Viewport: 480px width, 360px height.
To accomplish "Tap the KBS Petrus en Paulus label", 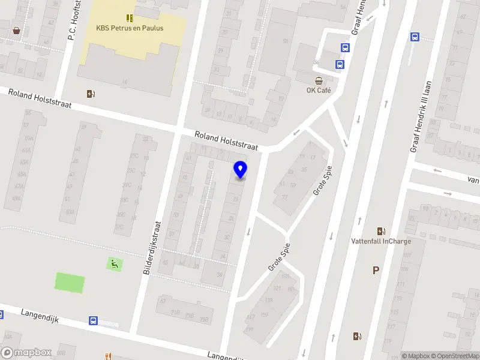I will (130, 28).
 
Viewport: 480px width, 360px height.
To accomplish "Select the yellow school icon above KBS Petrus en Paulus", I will (130, 17).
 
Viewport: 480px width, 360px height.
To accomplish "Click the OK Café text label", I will (319, 91).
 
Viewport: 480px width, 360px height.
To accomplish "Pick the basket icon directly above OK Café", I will (319, 80).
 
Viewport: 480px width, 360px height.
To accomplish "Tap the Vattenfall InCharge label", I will (380, 241).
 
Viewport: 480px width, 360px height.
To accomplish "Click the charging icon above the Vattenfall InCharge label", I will (380, 231).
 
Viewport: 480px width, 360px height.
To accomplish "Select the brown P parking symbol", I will (376, 271).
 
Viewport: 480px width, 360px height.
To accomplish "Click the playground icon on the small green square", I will (114, 263).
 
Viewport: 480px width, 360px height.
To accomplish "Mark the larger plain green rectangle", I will (70, 282).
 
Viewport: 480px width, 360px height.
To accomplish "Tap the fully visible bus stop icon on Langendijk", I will (94, 320).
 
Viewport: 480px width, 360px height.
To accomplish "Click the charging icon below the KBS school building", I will (91, 94).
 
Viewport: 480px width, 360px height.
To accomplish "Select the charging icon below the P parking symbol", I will (358, 337).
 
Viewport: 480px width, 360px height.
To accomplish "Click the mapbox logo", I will (26, 353).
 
